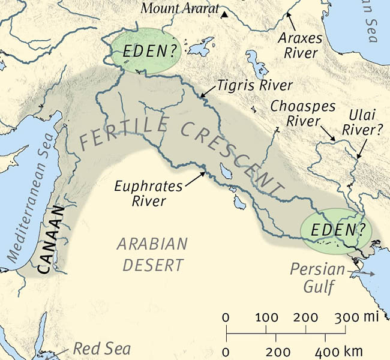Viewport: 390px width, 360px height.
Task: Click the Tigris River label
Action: tap(256, 85)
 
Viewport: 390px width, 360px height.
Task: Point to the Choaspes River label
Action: tap(296, 113)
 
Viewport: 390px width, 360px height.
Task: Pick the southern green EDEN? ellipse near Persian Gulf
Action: tap(335, 230)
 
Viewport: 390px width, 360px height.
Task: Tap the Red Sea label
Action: tap(92, 349)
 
